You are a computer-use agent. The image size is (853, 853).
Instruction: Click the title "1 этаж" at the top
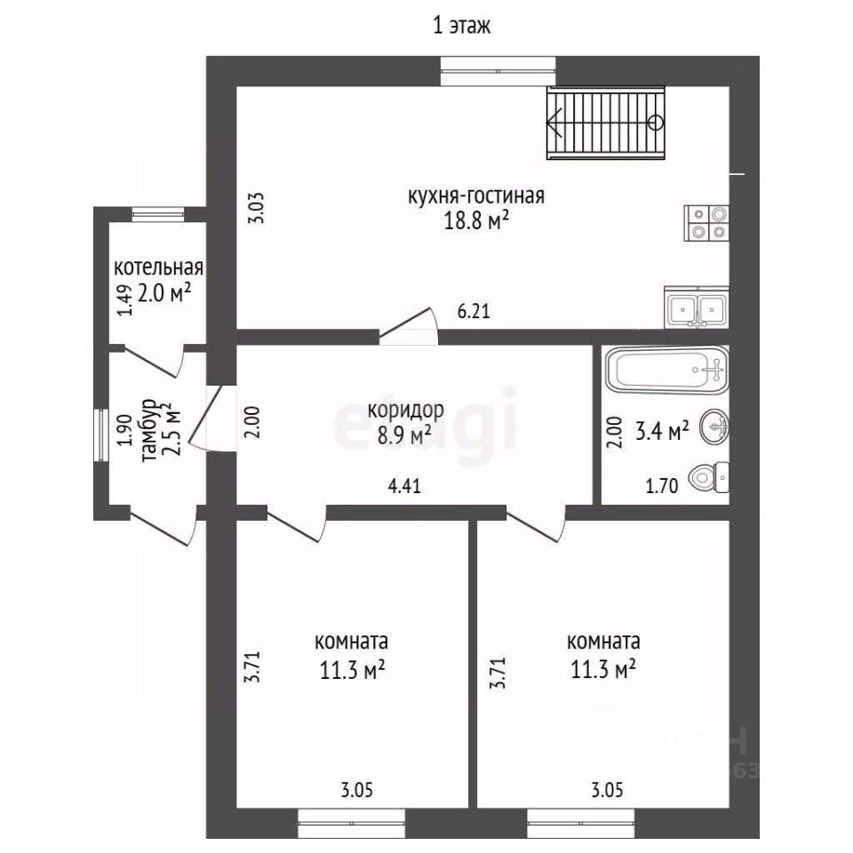(461, 26)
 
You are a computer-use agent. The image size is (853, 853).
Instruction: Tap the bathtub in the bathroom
(667, 370)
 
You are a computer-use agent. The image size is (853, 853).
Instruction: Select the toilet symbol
(709, 477)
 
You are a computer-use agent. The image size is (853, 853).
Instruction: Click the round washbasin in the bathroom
(714, 426)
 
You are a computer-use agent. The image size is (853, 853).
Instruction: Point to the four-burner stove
(706, 223)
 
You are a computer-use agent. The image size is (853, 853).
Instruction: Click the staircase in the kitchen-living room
(606, 123)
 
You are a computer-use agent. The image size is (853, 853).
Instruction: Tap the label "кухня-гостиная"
(476, 195)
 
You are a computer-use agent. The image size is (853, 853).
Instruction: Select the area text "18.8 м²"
(476, 221)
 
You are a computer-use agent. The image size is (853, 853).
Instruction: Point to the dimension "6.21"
(474, 311)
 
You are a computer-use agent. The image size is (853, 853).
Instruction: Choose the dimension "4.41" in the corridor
(404, 485)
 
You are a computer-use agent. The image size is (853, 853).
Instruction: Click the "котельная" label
(158, 267)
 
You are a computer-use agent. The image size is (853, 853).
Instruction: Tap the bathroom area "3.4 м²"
(662, 430)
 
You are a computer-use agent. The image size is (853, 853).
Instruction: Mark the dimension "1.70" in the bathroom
(661, 485)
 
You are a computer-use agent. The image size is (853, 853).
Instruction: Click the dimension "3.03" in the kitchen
(256, 208)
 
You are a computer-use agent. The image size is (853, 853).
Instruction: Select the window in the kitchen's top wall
(498, 71)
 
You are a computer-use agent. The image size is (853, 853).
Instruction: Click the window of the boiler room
(159, 214)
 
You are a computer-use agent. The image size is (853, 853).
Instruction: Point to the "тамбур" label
(148, 431)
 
